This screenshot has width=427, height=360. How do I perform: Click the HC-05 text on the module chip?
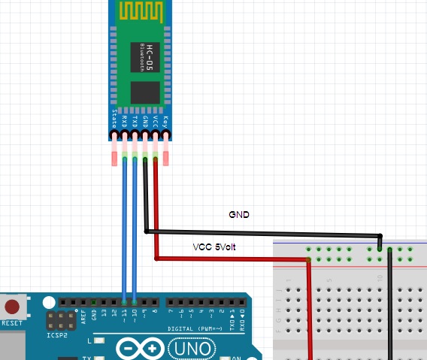click(149, 55)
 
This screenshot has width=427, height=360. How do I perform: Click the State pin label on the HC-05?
click(115, 121)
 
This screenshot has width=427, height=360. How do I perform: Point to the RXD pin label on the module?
click(125, 121)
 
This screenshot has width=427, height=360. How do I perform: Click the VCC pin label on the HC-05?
click(156, 122)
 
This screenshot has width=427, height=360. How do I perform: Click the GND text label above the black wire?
click(238, 215)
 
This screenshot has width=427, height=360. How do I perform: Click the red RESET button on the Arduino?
click(13, 307)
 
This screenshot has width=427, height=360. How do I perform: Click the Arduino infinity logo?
click(140, 349)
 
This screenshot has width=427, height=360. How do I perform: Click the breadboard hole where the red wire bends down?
click(309, 261)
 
